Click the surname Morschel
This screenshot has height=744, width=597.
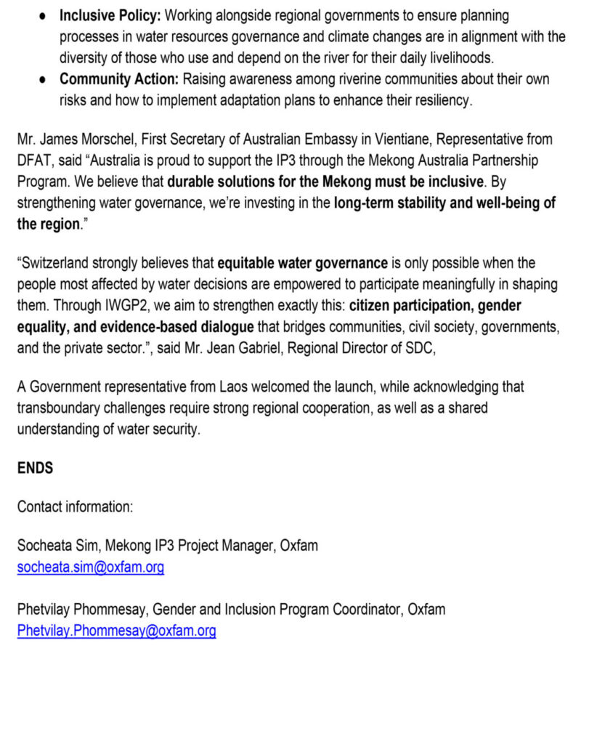(x=117, y=139)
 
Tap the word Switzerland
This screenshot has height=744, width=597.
(x=59, y=264)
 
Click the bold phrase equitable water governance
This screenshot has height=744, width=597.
(x=302, y=264)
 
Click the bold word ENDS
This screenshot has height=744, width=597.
(x=35, y=468)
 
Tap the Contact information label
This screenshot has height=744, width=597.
(x=75, y=506)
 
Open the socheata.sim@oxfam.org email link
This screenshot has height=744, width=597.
(x=91, y=567)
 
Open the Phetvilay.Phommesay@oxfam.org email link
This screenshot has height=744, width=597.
(x=116, y=631)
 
